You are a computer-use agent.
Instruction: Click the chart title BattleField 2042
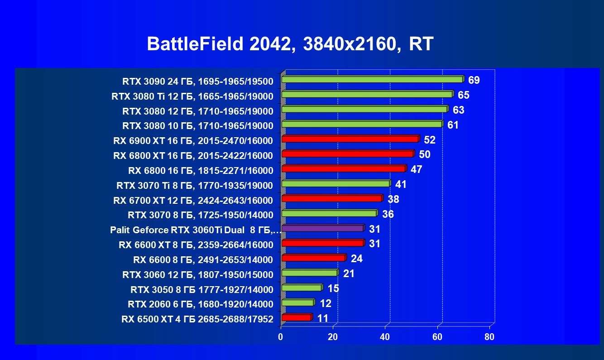pyautogui.click(x=290, y=44)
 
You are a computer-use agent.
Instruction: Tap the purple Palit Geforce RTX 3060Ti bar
pyautogui.click(x=322, y=228)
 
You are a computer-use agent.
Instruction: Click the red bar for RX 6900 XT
pyautogui.click(x=350, y=139)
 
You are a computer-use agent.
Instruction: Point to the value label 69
pyautogui.click(x=474, y=81)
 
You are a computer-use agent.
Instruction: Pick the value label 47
pyautogui.click(x=416, y=170)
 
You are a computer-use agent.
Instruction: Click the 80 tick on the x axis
pyautogui.click(x=489, y=337)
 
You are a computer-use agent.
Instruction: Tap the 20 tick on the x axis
pyautogui.click(x=333, y=337)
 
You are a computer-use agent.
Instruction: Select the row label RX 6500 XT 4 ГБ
pyautogui.click(x=197, y=319)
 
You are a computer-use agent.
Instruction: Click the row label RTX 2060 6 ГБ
pyautogui.click(x=201, y=304)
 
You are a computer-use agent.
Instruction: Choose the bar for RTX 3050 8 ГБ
pyautogui.click(x=302, y=288)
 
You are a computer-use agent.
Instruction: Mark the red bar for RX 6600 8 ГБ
pyautogui.click(x=313, y=258)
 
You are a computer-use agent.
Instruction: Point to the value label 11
pyautogui.click(x=323, y=318)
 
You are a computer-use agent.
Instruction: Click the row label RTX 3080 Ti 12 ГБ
pyautogui.click(x=192, y=96)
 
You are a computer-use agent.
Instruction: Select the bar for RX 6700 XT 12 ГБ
pyautogui.click(x=331, y=198)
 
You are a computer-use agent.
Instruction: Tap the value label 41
pyautogui.click(x=401, y=185)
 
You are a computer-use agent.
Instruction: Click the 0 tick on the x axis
pyautogui.click(x=281, y=337)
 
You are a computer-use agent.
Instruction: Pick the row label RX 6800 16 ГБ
pyautogui.click(x=201, y=171)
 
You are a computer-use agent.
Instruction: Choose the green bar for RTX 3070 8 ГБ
pyautogui.click(x=329, y=213)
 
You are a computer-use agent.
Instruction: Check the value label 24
pyautogui.click(x=357, y=259)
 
